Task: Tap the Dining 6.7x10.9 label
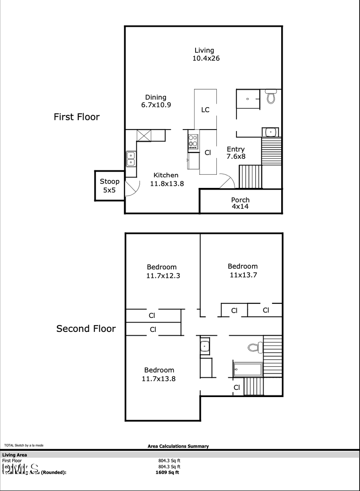[x=156, y=101]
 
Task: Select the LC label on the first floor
[x=205, y=110]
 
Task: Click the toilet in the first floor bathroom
[x=271, y=97]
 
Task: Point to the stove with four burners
[x=193, y=142]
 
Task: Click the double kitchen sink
[x=131, y=159]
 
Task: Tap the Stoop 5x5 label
[x=109, y=186]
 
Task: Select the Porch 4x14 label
[x=240, y=203]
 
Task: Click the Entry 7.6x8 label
[x=236, y=153]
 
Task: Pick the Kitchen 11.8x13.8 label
[x=166, y=179]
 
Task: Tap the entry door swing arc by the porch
[x=227, y=182]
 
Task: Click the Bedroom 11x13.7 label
[x=243, y=270]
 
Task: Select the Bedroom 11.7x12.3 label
[x=162, y=271]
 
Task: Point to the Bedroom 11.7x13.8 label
[x=159, y=374]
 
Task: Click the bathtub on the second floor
[x=248, y=369]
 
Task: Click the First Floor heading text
[x=76, y=117]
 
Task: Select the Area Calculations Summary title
[x=178, y=446]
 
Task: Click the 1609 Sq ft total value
[x=167, y=472]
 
